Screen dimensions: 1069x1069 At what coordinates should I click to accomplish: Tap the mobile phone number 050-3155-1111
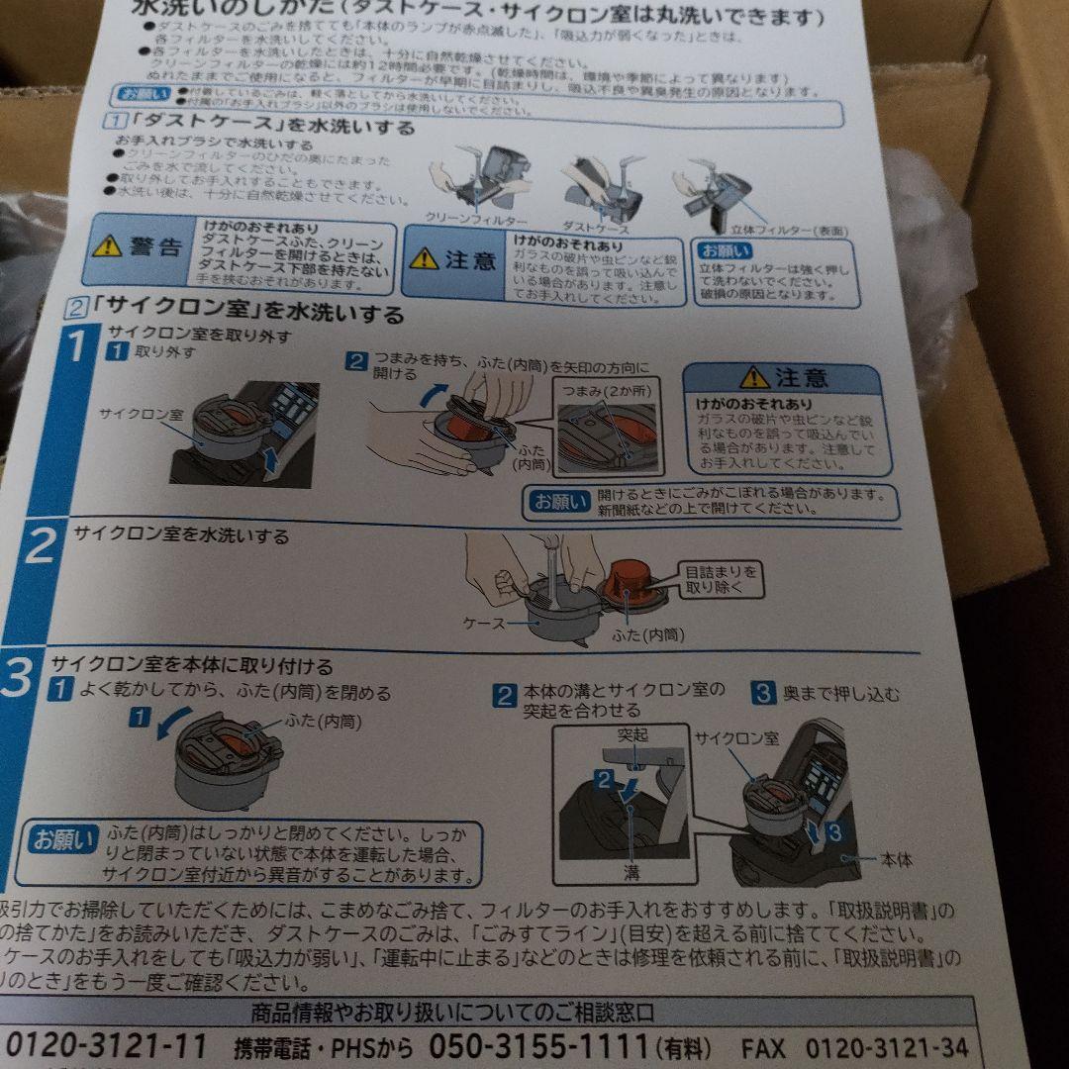pos(539,1047)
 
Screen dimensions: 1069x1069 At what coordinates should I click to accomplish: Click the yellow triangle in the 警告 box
pos(106,246)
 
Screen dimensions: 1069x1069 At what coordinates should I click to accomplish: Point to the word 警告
pos(155,247)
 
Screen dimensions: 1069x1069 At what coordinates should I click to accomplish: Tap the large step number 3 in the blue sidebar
pos(17,684)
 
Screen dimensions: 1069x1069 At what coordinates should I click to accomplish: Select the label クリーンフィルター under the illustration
pos(476,218)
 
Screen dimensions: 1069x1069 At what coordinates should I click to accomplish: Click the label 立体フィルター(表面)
pos(801,231)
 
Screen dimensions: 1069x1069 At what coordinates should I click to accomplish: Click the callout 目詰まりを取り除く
pos(722,580)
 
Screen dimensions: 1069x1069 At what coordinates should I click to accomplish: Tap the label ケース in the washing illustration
pos(484,624)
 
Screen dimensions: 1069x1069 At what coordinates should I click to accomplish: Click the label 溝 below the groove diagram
pos(631,872)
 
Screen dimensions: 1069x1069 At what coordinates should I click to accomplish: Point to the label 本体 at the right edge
pos(896,859)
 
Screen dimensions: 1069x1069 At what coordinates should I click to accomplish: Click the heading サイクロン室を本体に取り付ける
pos(192,666)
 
